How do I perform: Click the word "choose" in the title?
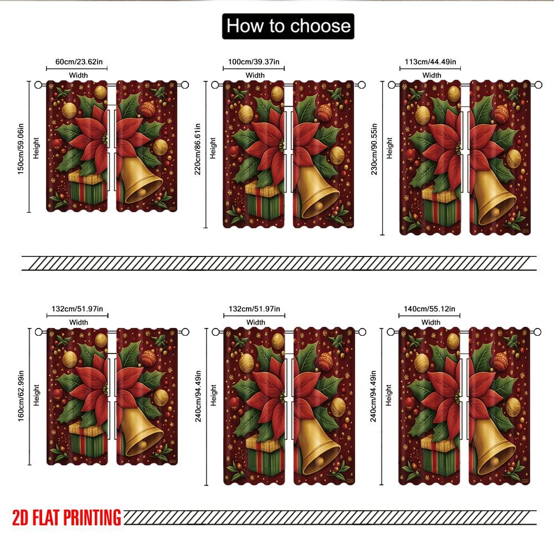(321, 26)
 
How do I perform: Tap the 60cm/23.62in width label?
(78, 61)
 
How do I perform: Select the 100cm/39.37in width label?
(255, 61)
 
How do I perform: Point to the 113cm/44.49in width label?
(432, 61)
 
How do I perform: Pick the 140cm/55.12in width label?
(430, 309)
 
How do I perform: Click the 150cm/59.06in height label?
(20, 146)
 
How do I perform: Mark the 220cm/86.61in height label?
(198, 154)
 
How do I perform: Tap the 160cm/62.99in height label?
(20, 396)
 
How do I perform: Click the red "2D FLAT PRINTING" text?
(66, 517)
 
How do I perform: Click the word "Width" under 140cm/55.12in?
(431, 322)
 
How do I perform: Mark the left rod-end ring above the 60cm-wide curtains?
(38, 85)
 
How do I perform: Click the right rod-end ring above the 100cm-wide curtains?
(362, 85)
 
